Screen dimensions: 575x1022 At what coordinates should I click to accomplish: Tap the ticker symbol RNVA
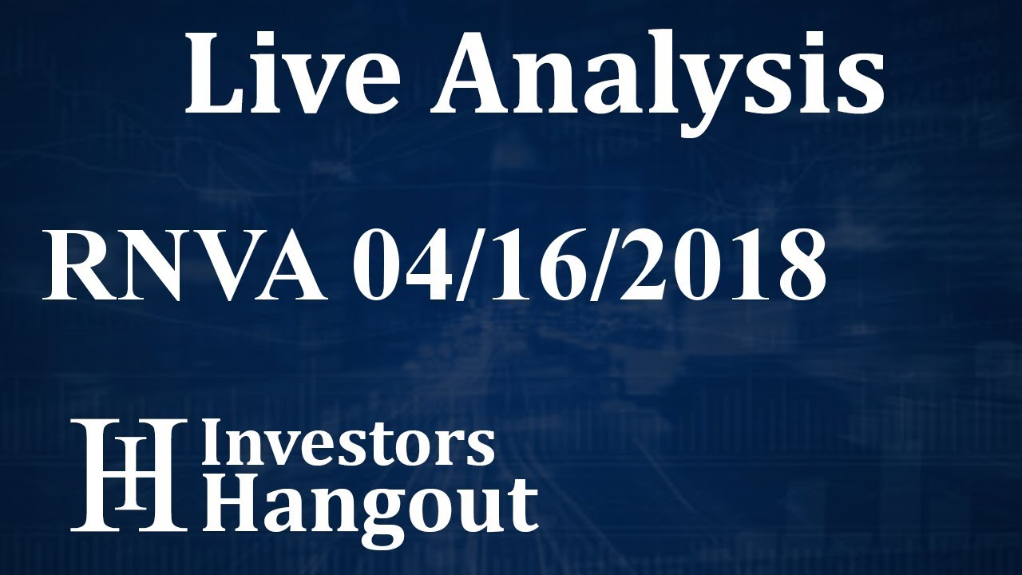[x=184, y=264]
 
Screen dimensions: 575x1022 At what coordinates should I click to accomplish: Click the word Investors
[x=348, y=444]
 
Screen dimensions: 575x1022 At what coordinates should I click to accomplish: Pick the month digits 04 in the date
[x=400, y=264]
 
